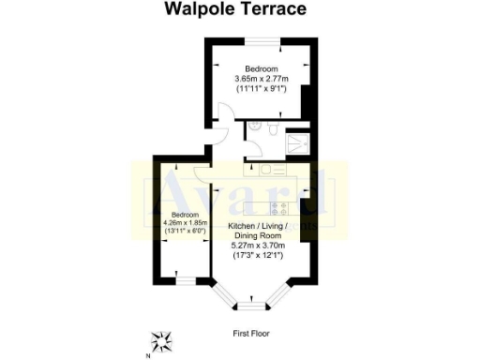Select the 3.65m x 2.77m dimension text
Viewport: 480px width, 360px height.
coord(261,80)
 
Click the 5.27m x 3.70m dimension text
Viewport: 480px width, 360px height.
coord(256,245)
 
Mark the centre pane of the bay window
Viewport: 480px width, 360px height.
coord(250,305)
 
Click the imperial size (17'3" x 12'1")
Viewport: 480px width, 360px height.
coord(256,256)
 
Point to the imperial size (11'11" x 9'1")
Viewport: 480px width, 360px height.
coord(261,90)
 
